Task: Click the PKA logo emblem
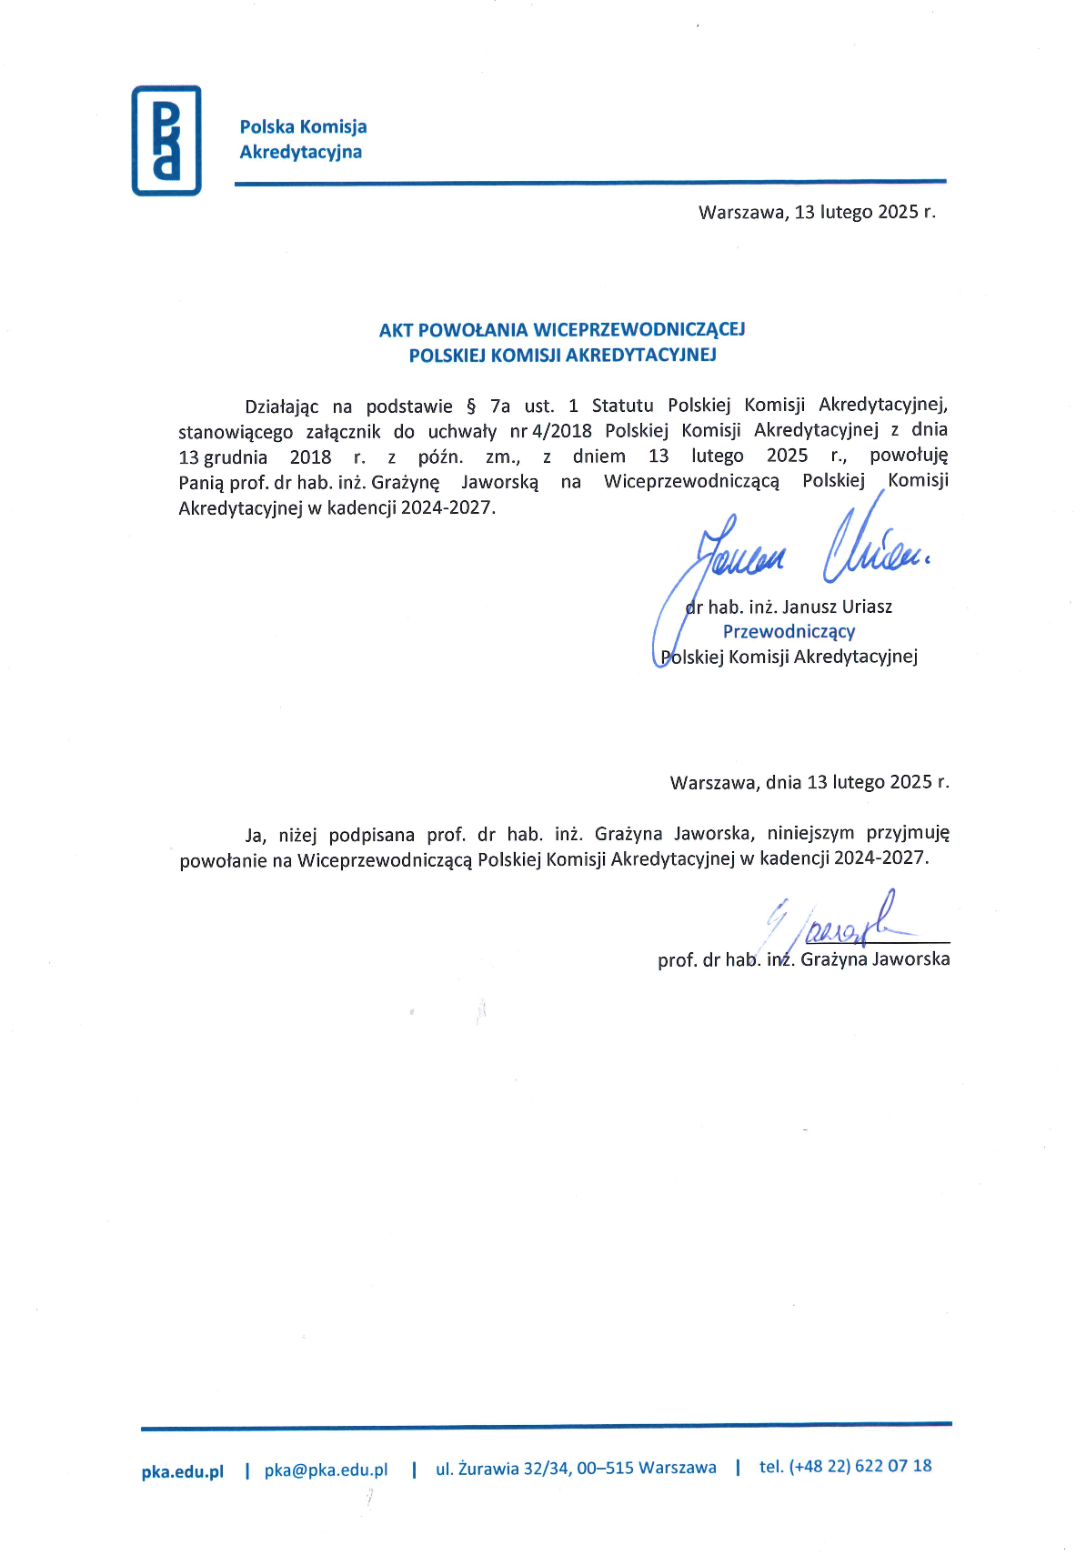[x=166, y=140]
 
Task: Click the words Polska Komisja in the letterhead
[x=303, y=126]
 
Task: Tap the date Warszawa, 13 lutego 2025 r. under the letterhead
[x=816, y=212]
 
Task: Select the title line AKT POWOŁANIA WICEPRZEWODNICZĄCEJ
[x=561, y=329]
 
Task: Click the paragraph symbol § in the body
[x=470, y=406]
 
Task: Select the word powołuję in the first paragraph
[x=908, y=456]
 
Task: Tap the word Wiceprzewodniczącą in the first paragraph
[x=691, y=481]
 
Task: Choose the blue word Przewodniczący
[x=789, y=631]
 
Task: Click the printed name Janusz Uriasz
[x=837, y=607]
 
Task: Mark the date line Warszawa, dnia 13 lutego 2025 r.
[x=809, y=782]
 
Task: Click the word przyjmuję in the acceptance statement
[x=907, y=833]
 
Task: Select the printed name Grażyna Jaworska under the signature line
[x=874, y=958]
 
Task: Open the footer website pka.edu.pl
[x=182, y=1471]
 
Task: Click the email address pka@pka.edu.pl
[x=326, y=1470]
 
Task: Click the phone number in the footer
[x=845, y=1465]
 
